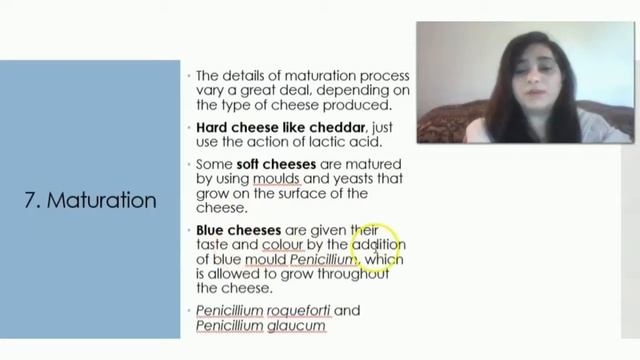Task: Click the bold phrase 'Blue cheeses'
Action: point(239,230)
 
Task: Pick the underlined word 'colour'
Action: point(283,245)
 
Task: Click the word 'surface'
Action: point(297,193)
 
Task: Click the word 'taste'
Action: point(214,245)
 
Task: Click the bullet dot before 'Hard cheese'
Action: point(189,128)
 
